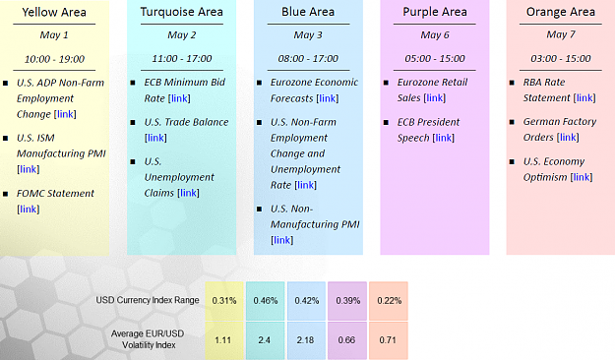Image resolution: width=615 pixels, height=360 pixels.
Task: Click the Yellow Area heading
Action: click(x=54, y=12)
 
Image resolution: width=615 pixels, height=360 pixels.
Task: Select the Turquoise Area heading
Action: click(x=182, y=12)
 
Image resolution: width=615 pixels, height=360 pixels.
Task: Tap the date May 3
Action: click(x=308, y=34)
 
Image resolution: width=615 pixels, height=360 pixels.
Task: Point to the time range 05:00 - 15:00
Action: click(x=435, y=58)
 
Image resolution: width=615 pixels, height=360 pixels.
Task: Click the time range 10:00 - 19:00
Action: click(x=54, y=59)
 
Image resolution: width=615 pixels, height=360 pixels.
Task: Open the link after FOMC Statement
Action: click(x=29, y=210)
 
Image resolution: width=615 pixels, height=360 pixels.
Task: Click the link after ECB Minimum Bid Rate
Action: click(x=179, y=98)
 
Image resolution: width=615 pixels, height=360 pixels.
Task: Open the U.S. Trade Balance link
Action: click(x=155, y=138)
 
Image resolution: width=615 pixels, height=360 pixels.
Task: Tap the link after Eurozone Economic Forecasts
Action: click(x=328, y=98)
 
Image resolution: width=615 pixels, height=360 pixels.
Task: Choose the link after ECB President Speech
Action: click(x=444, y=138)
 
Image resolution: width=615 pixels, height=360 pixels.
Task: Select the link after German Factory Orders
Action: click(x=568, y=137)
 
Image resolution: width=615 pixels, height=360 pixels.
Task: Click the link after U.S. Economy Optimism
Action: click(x=582, y=177)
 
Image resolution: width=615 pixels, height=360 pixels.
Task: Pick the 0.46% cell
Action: click(x=265, y=301)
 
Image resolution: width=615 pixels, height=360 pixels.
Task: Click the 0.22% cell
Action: click(x=389, y=301)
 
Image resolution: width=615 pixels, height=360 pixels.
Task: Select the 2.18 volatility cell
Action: click(x=306, y=340)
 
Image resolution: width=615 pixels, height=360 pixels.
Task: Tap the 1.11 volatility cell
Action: click(x=224, y=340)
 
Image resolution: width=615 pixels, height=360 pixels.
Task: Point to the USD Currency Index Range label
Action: click(x=148, y=300)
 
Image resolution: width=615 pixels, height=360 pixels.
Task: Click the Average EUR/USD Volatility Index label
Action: click(x=148, y=339)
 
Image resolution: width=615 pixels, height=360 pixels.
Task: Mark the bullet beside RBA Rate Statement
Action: click(x=512, y=83)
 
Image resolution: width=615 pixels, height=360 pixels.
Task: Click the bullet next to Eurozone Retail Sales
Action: click(x=386, y=83)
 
